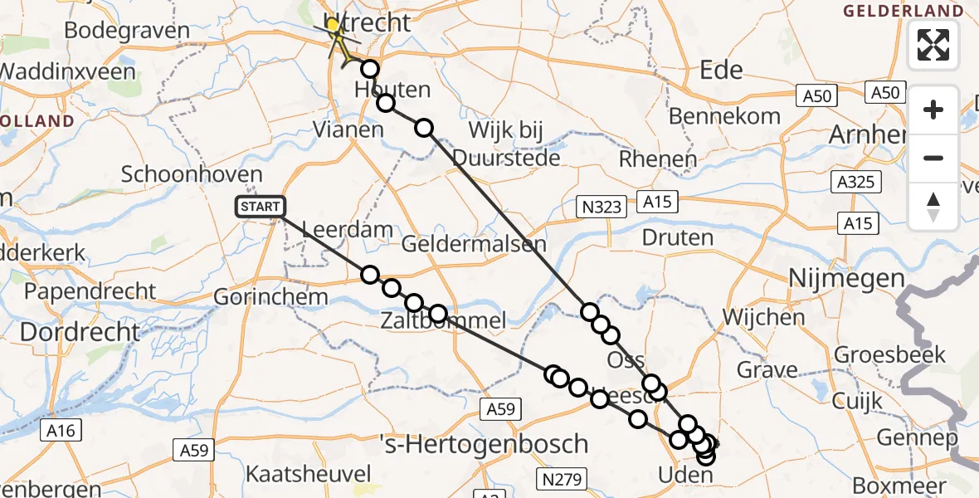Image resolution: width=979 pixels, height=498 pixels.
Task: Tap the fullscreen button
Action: point(933,45)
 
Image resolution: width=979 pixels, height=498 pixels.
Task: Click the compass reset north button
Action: point(933,207)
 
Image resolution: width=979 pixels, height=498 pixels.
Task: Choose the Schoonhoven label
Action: point(192,175)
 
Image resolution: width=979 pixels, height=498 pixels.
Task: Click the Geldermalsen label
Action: point(474,244)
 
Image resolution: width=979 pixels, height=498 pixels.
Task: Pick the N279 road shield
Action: point(562,478)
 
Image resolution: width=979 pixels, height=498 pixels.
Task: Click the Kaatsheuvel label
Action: point(308,475)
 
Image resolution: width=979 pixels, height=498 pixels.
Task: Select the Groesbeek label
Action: point(890,354)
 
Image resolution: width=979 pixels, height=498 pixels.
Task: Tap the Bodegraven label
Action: point(127,31)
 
